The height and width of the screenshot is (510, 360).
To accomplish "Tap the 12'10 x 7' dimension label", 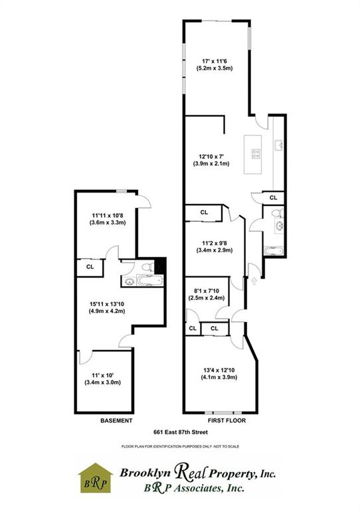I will click(x=211, y=159).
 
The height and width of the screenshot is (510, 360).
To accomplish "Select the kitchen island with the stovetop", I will click(x=256, y=154).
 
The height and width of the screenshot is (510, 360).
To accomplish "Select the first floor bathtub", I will click(x=274, y=251).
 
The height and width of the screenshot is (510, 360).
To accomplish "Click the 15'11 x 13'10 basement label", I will click(x=108, y=309).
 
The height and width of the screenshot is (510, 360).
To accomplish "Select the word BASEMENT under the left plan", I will click(x=116, y=421).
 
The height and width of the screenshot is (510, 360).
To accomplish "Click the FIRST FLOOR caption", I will click(x=224, y=421).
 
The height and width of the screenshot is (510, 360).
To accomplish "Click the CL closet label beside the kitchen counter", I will click(x=273, y=198).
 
